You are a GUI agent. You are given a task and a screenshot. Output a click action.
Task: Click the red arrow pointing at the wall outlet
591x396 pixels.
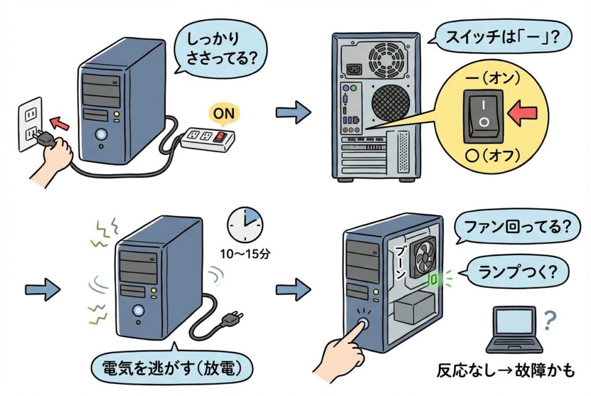click(56, 122)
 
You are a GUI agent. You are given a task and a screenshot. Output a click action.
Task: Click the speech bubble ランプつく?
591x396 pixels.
click(509, 269)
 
